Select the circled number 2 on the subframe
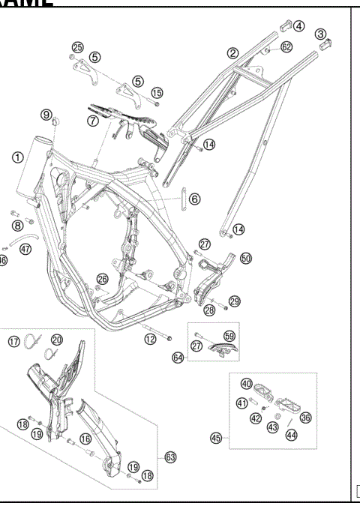[233, 53]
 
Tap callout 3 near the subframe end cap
[321, 34]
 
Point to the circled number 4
[298, 25]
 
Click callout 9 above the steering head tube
[47, 115]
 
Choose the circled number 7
[94, 119]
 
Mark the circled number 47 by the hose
[25, 249]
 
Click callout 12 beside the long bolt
[150, 340]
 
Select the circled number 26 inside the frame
[101, 280]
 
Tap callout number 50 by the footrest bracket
[246, 258]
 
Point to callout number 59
[229, 337]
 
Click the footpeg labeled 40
[246, 384]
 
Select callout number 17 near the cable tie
[13, 342]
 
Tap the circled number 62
[286, 47]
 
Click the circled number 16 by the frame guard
[85, 439]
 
